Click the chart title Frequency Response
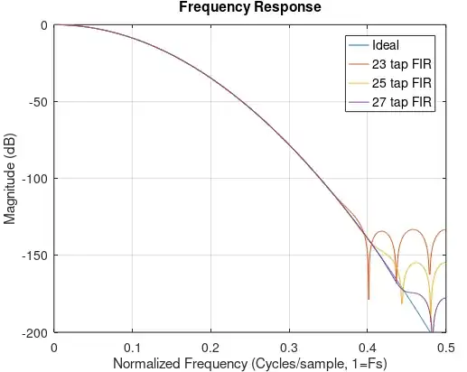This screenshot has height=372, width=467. coord(250,8)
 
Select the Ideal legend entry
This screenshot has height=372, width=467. coord(387,45)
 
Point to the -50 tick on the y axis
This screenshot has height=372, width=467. coord(37,101)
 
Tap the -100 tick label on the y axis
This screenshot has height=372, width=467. coord(34,179)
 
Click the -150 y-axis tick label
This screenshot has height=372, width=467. coord(34,256)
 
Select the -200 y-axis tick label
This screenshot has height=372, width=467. coord(34,332)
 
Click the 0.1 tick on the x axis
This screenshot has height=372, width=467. coord(133,348)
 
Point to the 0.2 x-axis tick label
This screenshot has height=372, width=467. coord(210,348)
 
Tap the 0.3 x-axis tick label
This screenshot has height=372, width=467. coord(289,348)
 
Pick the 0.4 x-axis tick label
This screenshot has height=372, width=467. coord(367,348)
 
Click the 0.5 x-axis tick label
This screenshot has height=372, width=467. coord(444,348)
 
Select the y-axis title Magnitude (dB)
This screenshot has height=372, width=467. coord(10,179)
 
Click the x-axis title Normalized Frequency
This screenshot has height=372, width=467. coord(250,364)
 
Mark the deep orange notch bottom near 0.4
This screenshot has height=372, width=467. coord(369,297)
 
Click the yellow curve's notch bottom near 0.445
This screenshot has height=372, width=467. coord(402,302)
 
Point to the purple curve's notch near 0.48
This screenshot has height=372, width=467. coord(432,330)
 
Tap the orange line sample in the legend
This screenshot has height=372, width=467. coord(356,64)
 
